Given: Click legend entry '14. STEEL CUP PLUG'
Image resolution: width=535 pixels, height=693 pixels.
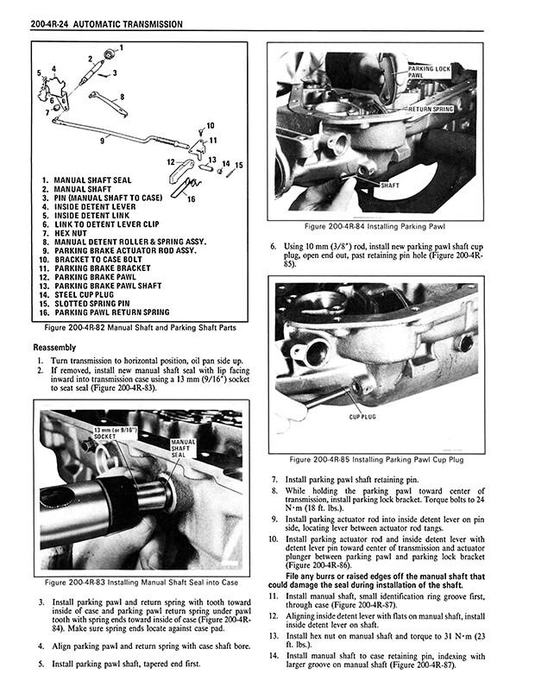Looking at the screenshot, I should [x=91, y=294].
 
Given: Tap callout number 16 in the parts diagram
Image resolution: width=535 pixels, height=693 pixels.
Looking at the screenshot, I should [x=191, y=199].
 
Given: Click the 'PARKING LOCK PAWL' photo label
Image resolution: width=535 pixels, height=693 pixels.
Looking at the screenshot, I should [x=431, y=72].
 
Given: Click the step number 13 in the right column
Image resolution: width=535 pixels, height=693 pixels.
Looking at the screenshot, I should [x=273, y=636].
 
